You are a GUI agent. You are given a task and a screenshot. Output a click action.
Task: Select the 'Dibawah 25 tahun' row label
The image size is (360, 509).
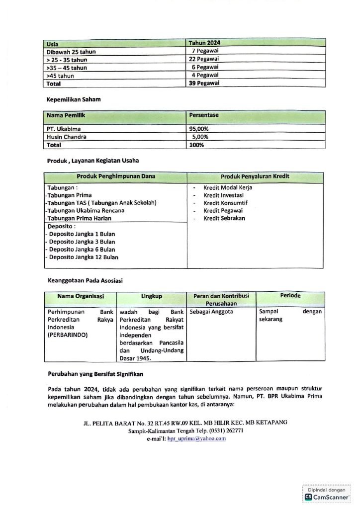71,52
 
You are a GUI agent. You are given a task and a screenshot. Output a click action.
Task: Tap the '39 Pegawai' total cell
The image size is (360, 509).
204,84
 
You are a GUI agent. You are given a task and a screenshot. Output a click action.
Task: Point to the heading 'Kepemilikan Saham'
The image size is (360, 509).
74,100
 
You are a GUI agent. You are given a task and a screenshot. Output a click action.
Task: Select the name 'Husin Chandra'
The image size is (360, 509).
66,137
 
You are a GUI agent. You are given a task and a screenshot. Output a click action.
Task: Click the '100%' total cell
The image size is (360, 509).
197,145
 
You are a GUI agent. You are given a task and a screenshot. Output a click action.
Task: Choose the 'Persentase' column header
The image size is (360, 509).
204,115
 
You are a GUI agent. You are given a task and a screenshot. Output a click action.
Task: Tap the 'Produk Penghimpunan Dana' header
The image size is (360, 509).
116,176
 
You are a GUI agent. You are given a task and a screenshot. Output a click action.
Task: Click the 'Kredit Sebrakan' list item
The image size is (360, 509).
224,218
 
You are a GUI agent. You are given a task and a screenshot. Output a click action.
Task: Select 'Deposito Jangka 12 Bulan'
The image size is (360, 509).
84,257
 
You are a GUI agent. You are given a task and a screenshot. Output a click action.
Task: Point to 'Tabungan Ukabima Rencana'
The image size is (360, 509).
85,211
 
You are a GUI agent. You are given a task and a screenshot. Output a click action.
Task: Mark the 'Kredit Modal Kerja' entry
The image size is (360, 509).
228,188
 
